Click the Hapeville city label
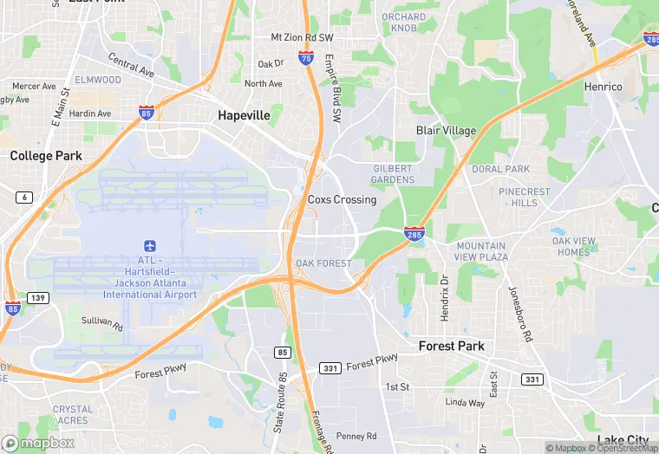tap(244, 115)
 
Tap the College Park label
tap(45, 156)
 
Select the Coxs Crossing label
tap(342, 199)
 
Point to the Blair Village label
tap(446, 131)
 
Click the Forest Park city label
tap(451, 346)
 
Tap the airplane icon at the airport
tap(150, 247)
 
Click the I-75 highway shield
tap(305, 57)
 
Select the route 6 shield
tap(23, 198)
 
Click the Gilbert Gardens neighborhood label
tap(394, 173)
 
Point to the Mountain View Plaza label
tap(482, 251)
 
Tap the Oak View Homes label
tap(574, 246)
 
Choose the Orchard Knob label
tap(404, 23)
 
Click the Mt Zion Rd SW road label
tap(302, 37)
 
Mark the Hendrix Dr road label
tap(444, 299)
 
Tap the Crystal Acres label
tap(72, 414)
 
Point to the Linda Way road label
tap(465, 403)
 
